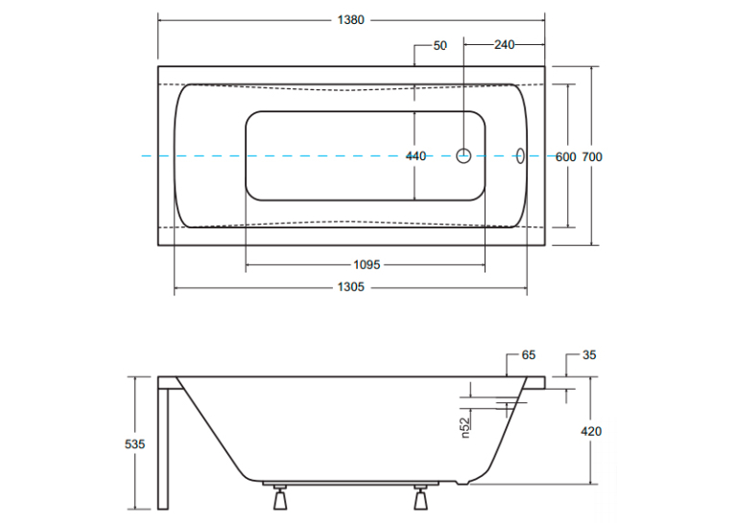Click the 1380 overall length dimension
350,20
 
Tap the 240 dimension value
504,45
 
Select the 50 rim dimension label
440,46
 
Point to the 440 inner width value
415,156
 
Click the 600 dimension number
565,157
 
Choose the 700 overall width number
592,157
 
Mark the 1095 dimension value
367,265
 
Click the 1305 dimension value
350,287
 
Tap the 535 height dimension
135,444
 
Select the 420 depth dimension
591,431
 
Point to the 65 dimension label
529,355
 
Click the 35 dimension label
589,355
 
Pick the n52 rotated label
465,428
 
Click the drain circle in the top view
463,155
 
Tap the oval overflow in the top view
520,155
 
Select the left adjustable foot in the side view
280,497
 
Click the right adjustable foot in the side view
420,497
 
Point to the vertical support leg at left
163,448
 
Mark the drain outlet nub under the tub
462,483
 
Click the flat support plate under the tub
350,484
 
